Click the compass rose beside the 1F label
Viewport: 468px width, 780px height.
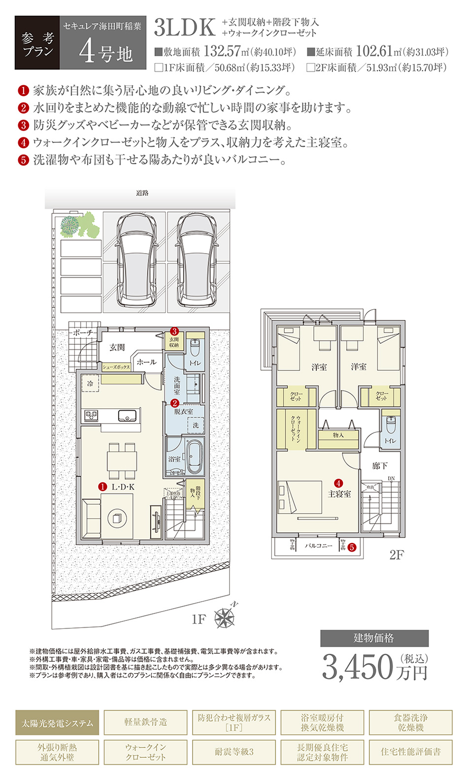pyautogui.click(x=225, y=617)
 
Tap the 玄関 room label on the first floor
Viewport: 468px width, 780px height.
pyautogui.click(x=117, y=348)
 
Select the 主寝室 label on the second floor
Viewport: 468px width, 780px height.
pyautogui.click(x=339, y=494)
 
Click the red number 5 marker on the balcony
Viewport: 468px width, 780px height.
pyautogui.click(x=352, y=547)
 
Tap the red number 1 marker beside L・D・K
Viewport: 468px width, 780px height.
pyautogui.click(x=102, y=487)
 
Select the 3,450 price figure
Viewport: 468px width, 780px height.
pyautogui.click(x=358, y=667)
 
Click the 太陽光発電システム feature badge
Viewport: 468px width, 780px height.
pyautogui.click(x=57, y=723)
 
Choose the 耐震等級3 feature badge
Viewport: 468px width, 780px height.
pyautogui.click(x=234, y=752)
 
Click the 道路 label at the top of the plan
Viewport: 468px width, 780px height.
pyautogui.click(x=142, y=193)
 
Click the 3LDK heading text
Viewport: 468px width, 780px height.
pyautogui.click(x=185, y=28)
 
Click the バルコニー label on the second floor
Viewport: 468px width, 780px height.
pyautogui.click(x=318, y=546)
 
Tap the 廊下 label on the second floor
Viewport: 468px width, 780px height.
pyautogui.click(x=380, y=465)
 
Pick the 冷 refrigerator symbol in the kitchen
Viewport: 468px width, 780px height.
pyautogui.click(x=90, y=383)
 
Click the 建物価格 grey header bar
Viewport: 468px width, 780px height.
pyautogui.click(x=374, y=638)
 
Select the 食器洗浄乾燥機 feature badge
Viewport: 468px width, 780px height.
pyautogui.click(x=410, y=723)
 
